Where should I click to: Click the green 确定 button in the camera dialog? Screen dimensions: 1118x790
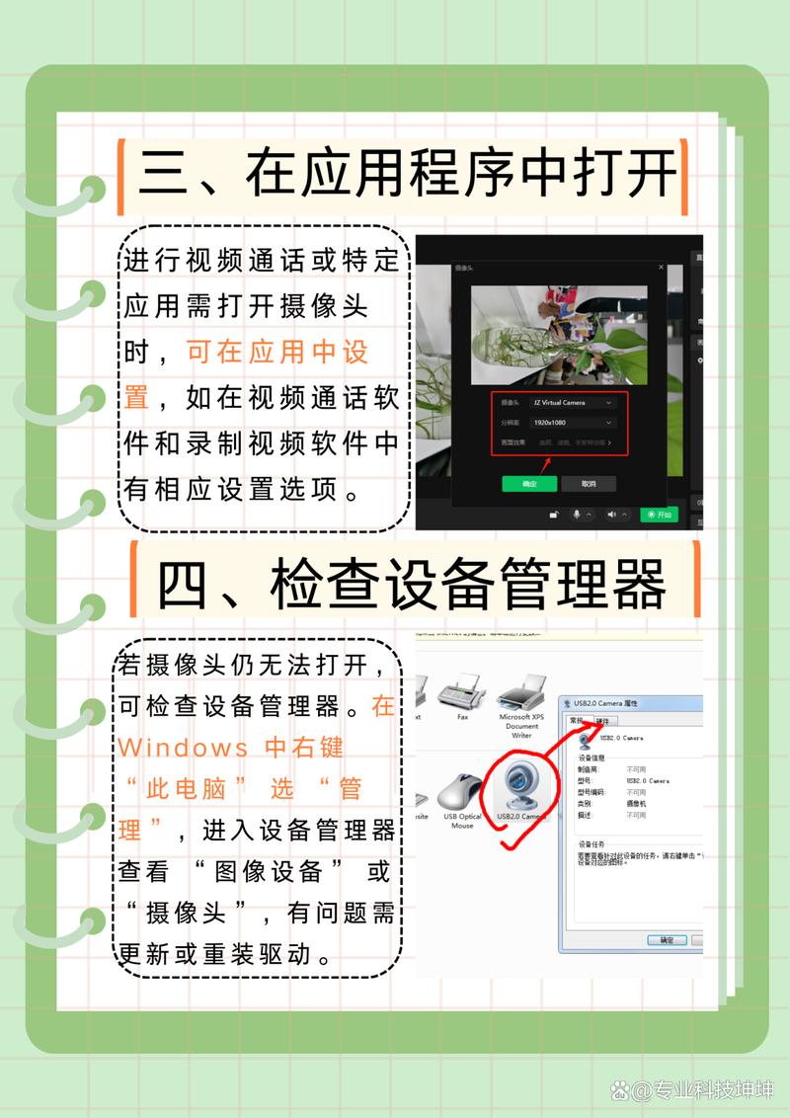pos(529,484)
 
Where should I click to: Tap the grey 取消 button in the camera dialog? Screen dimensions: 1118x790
pos(589,484)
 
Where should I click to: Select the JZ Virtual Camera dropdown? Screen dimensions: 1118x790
pos(573,403)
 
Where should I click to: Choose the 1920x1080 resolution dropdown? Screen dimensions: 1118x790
pos(573,423)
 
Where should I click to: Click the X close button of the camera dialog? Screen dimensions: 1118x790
pos(661,268)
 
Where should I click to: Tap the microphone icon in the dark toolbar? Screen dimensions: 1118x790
pos(577,515)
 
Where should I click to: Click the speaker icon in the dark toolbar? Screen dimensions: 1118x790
pos(612,515)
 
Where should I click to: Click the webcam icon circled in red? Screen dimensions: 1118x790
pos(520,785)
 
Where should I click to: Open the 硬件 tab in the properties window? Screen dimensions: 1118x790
pos(602,721)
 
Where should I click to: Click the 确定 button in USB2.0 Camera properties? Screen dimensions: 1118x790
pos(667,939)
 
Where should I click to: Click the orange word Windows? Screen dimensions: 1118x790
pos(184,747)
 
